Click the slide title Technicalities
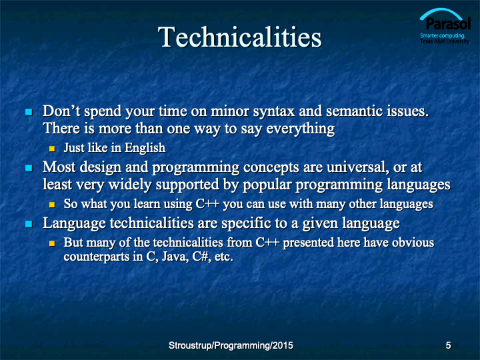[x=240, y=37]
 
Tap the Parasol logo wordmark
[x=448, y=23]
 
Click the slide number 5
[x=448, y=345]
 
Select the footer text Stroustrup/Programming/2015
[x=231, y=345]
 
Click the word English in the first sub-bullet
[x=145, y=148]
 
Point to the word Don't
[x=61, y=111]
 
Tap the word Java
[x=175, y=256]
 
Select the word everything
[x=300, y=129]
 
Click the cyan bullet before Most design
[x=29, y=168]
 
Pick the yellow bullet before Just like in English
[x=52, y=149]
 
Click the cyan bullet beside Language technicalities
[x=29, y=224]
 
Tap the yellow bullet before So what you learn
[x=52, y=205]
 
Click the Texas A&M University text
[x=445, y=41]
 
